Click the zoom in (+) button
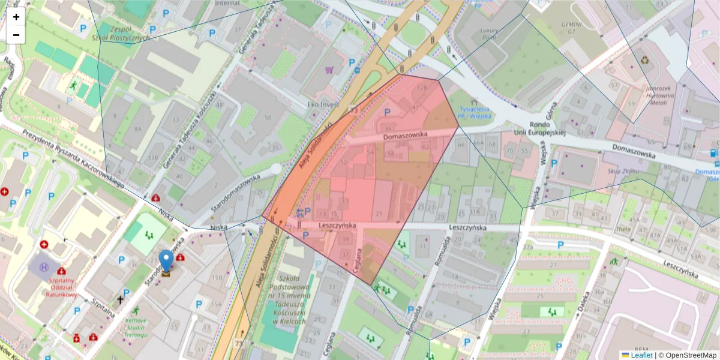(x=16, y=17)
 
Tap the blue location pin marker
(x=166, y=262)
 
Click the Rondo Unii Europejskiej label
(x=539, y=128)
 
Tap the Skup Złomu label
(x=621, y=171)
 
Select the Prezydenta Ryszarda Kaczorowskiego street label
(x=72, y=158)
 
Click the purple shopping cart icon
(x=329, y=70)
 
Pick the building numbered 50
(x=268, y=118)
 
